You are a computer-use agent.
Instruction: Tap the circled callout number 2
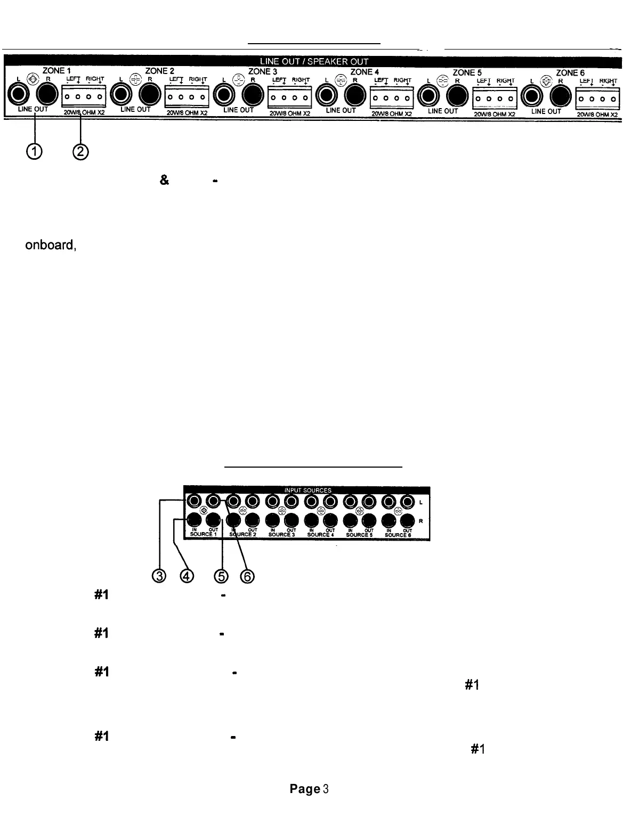pos(80,152)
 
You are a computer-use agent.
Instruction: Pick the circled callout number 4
pos(186,576)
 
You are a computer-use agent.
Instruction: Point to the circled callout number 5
pos(221,576)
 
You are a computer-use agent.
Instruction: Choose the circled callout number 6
pos(246,576)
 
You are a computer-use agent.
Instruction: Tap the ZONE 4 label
pos(361,71)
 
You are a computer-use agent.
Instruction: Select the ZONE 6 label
pos(570,72)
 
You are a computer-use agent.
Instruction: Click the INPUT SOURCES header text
pos(308,491)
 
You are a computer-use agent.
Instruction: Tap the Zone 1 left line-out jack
pos(19,95)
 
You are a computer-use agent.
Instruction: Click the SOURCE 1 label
pos(201,534)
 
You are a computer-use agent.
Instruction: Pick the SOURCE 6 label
pos(398,535)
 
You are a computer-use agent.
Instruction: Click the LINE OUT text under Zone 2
pos(136,109)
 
